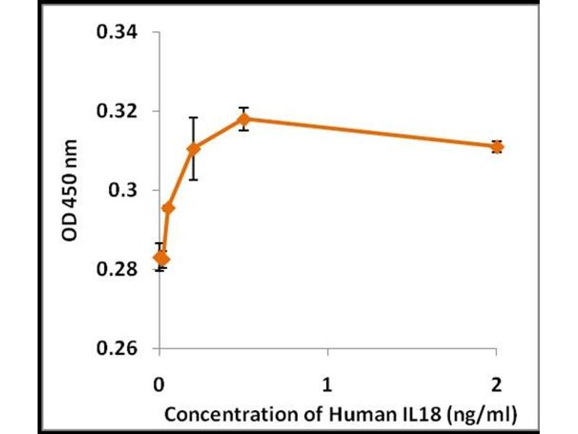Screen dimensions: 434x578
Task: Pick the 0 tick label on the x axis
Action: point(159,381)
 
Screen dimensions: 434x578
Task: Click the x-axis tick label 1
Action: point(328,381)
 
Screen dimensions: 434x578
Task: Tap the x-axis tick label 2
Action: point(497,381)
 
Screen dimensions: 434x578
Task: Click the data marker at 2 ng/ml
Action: point(497,147)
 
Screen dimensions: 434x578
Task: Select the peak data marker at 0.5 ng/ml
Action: point(244,119)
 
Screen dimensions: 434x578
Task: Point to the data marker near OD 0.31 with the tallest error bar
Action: point(193,148)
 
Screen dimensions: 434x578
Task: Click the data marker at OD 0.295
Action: point(168,208)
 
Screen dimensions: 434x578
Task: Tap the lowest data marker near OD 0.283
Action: point(162,258)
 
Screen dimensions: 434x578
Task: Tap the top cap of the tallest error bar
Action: point(193,117)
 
